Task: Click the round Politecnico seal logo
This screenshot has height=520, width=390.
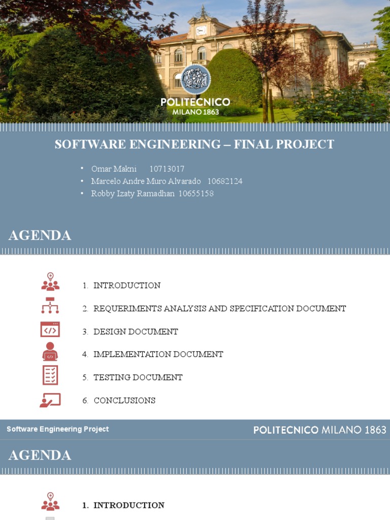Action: coord(196,80)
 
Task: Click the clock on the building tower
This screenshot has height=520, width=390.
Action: coord(201,30)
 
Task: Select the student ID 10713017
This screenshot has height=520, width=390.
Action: coord(167,169)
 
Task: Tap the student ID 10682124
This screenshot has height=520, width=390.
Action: coord(224,181)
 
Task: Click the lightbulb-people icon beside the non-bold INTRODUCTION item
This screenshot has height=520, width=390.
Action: coord(50,282)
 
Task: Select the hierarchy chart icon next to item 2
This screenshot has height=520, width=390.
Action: coord(50,306)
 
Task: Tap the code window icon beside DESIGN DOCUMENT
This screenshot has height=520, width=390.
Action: coord(50,330)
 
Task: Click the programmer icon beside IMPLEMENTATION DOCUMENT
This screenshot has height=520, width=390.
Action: coord(50,351)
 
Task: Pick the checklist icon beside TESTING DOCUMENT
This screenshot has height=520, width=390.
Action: coord(50,375)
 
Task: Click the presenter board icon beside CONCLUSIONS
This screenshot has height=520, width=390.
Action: coord(50,400)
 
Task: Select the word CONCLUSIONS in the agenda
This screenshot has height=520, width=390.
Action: coord(124,401)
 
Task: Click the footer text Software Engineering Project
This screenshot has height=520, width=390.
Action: coord(57,429)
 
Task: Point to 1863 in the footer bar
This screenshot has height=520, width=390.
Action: coord(375,430)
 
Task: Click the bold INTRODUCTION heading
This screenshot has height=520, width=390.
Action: coord(129,505)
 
